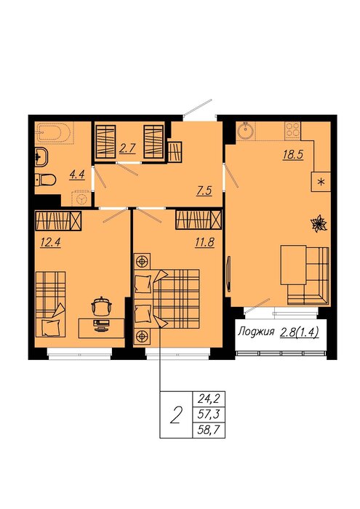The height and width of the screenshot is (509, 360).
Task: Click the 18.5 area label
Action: click(293, 154)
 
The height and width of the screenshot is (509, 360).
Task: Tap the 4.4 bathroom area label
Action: click(77, 175)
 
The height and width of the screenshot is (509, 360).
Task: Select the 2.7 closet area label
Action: click(127, 148)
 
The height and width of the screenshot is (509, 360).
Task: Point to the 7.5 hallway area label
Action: click(204, 191)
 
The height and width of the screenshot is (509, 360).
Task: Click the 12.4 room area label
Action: click(50, 242)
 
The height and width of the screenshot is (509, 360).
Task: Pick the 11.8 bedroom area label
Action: click(204, 242)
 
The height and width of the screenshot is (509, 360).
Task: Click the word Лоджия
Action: click(256, 332)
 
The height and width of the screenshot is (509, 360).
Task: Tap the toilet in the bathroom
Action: click(45, 180)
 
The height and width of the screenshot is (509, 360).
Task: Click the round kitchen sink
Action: click(246, 131)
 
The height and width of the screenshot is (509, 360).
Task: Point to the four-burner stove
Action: click(292, 131)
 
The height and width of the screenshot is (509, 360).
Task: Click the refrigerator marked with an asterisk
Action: click(321, 182)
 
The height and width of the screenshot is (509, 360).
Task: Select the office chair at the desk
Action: click(101, 306)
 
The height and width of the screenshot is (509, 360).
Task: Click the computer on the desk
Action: click(102, 325)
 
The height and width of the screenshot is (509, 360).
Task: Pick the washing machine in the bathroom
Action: click(81, 198)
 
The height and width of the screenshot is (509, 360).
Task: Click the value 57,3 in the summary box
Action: click(209, 414)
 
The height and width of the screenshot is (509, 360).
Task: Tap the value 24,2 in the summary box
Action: click(209, 398)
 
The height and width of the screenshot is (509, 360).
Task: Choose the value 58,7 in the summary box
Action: click(209, 430)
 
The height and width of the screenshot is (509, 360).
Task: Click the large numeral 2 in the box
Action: click(175, 415)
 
